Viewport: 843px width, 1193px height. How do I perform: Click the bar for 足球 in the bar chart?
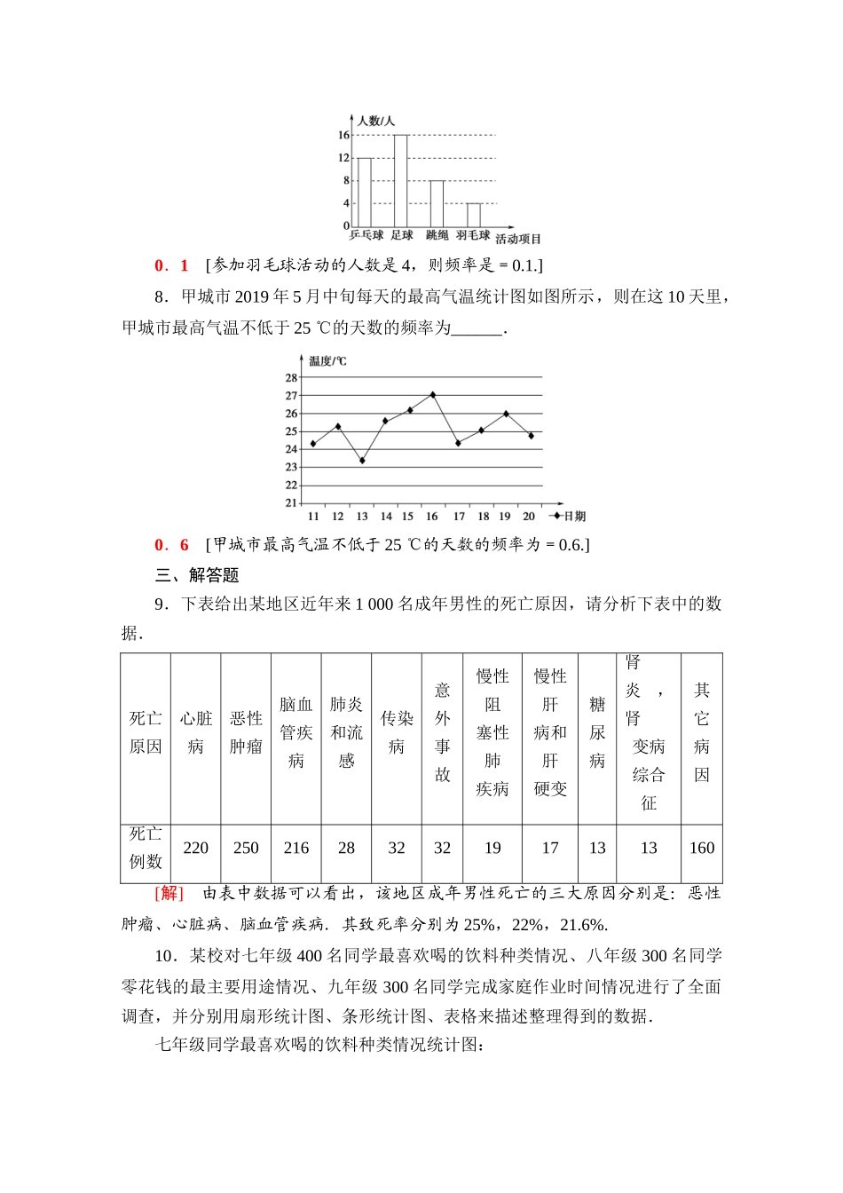pyautogui.click(x=400, y=181)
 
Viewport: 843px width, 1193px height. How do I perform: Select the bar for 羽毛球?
pyautogui.click(x=474, y=216)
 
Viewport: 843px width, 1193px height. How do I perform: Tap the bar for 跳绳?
pyautogui.click(x=437, y=204)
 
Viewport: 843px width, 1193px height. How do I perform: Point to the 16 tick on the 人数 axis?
pyautogui.click(x=343, y=136)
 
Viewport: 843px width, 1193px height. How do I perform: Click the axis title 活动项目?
pyautogui.click(x=518, y=239)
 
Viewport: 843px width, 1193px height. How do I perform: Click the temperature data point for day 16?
pyautogui.click(x=432, y=395)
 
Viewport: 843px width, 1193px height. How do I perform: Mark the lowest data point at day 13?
pyautogui.click(x=362, y=461)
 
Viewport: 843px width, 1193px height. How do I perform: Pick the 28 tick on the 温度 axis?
pyautogui.click(x=291, y=378)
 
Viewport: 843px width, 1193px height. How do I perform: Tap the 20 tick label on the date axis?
pyautogui.click(x=529, y=517)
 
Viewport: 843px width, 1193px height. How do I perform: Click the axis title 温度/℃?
pyautogui.click(x=327, y=361)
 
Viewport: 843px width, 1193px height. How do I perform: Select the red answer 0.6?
pyautogui.click(x=172, y=545)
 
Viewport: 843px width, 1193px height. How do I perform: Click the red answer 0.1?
pyautogui.click(x=172, y=265)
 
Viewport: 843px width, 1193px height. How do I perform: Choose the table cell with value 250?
pyautogui.click(x=246, y=848)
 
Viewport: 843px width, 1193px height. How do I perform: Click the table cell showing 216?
pyautogui.click(x=296, y=848)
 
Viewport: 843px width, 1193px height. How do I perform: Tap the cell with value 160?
pyautogui.click(x=702, y=848)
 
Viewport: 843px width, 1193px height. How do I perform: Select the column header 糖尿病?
pyautogui.click(x=597, y=732)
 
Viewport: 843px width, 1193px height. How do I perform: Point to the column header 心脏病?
pyautogui.click(x=196, y=732)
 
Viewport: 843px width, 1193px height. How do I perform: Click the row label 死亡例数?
pyautogui.click(x=146, y=848)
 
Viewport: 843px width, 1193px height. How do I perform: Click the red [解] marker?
pyautogui.click(x=169, y=893)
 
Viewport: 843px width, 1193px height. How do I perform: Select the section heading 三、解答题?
pyautogui.click(x=197, y=575)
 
